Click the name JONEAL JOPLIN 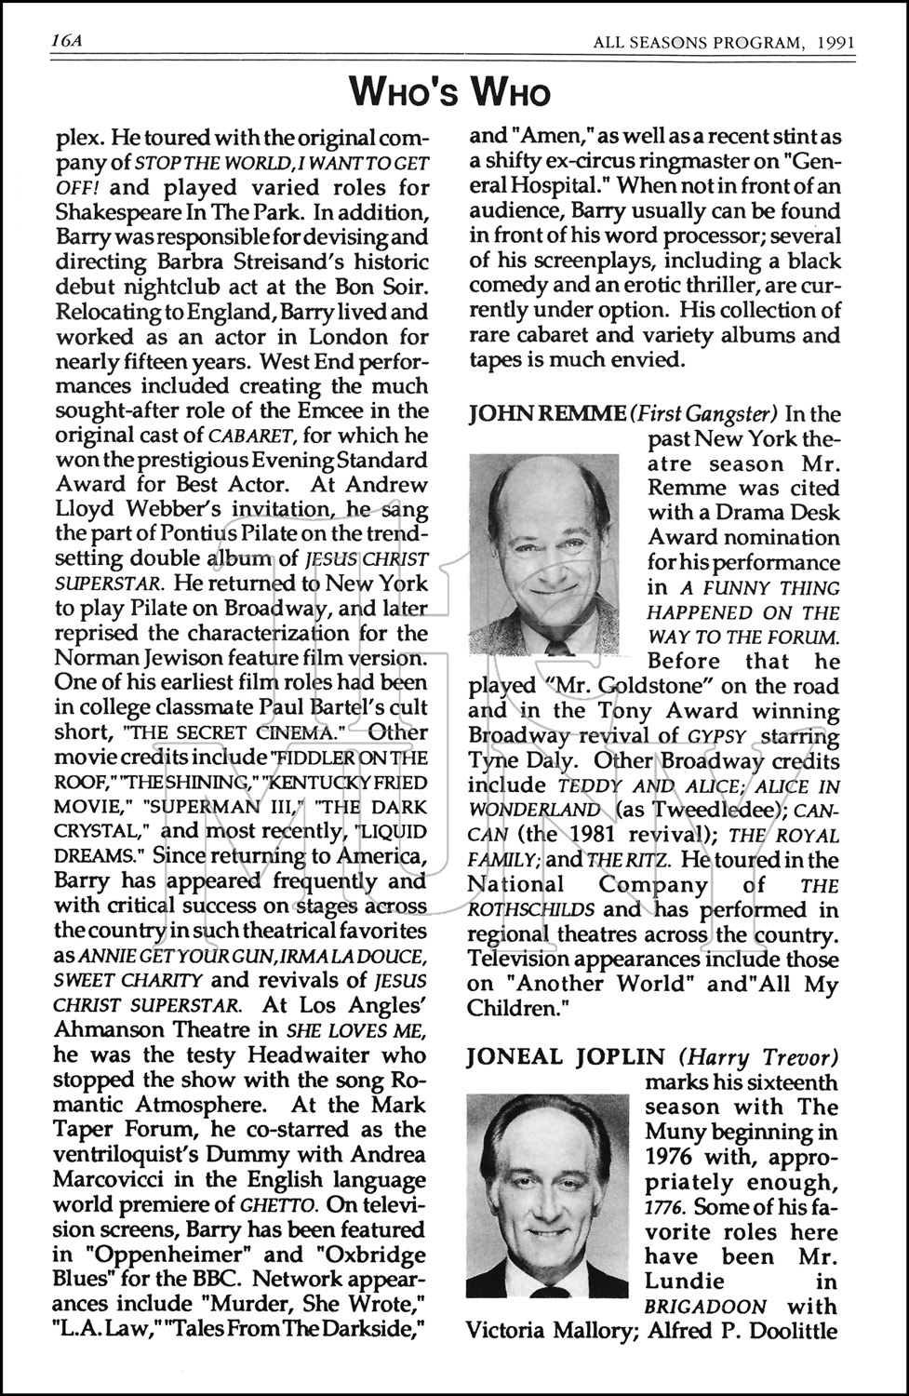point(566,1057)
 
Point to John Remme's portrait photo point(544,554)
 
